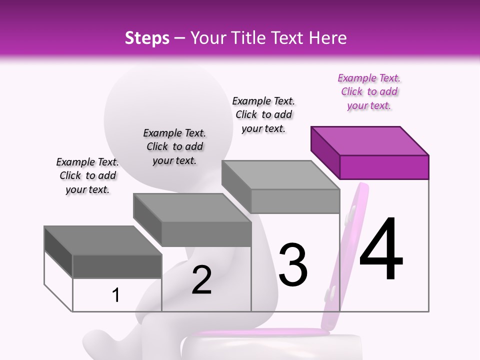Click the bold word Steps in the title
tap(147, 38)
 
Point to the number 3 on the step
tap(293, 265)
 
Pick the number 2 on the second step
tap(201, 280)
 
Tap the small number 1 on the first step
tap(116, 295)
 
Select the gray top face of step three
tap(280, 174)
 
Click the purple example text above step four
tap(369, 91)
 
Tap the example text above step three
tap(263, 114)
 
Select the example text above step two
tap(174, 146)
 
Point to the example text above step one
tap(87, 175)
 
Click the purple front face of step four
tap(384, 167)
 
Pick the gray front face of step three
tap(295, 201)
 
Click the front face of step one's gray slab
tap(117, 266)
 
